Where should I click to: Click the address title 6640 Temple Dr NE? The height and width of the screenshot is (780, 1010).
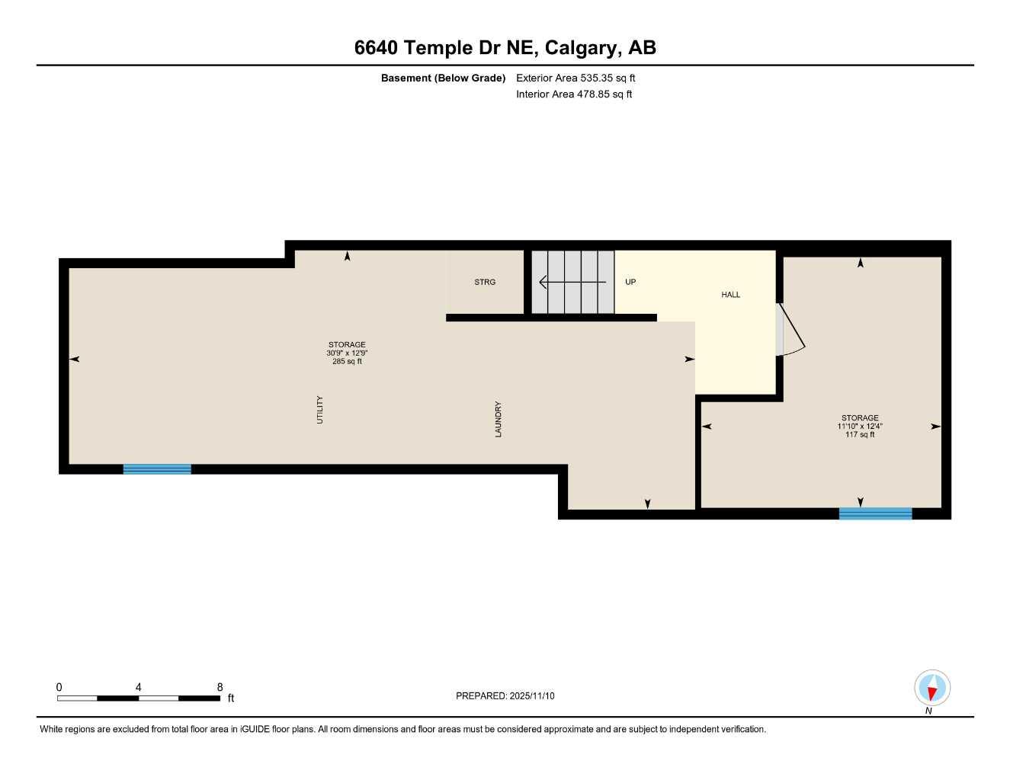point(505,48)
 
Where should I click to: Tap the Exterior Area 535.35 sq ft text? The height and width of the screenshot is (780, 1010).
point(576,78)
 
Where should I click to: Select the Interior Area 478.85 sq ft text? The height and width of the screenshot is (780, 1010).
point(574,94)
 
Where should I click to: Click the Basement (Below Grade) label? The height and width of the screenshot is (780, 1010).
point(443,78)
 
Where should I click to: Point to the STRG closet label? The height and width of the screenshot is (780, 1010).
point(485,282)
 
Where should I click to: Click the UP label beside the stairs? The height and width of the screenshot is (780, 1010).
point(630,282)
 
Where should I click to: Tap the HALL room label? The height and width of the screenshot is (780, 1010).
point(730,295)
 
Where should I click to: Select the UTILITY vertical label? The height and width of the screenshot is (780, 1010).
point(320,410)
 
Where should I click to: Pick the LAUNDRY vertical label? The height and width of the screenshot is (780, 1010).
point(499,419)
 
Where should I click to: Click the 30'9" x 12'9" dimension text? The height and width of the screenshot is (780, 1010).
point(347,353)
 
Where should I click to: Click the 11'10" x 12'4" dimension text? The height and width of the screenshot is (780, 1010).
point(860,427)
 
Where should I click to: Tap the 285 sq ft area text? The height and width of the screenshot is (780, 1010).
point(347,362)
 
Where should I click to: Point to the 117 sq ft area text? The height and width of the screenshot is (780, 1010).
point(860,435)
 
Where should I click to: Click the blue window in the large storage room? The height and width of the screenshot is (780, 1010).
point(157,469)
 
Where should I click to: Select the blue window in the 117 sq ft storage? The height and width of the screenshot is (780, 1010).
point(875,513)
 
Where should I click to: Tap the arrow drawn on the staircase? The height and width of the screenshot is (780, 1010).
point(572,283)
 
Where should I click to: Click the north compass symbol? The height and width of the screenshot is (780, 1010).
point(931,689)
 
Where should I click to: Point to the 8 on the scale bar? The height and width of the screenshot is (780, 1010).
point(220,687)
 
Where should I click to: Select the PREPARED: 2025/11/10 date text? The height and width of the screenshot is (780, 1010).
point(505,695)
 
